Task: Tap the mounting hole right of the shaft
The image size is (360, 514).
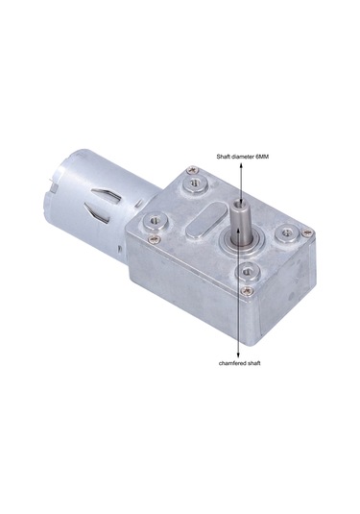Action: (285, 233)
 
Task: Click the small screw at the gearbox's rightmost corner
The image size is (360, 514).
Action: (306, 232)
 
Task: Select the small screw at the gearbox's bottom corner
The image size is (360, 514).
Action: (247, 290)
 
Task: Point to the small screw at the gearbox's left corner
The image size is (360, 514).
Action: (151, 238)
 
